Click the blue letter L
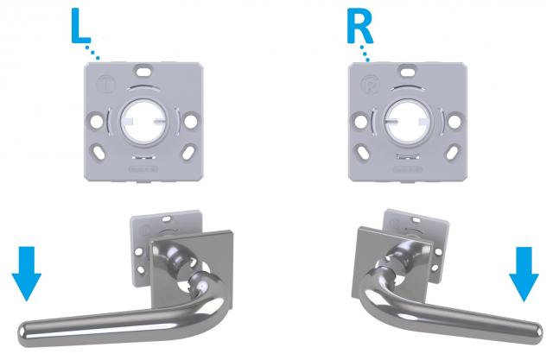pos(79,27)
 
